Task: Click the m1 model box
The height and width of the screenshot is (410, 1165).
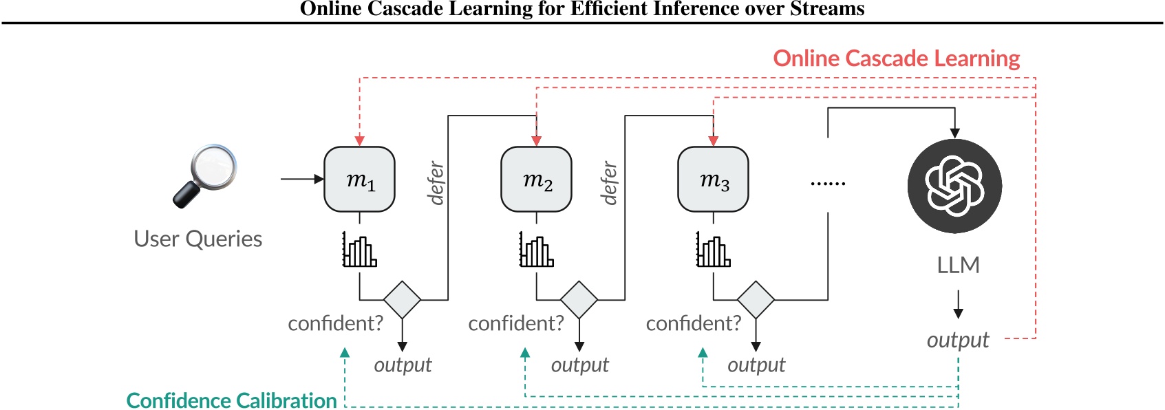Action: click(x=359, y=180)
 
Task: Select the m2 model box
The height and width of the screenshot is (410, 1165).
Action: click(x=536, y=180)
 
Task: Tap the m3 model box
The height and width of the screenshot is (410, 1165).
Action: click(x=713, y=180)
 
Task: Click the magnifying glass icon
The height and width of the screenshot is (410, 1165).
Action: click(x=205, y=175)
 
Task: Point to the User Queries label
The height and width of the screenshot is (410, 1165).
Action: click(x=197, y=239)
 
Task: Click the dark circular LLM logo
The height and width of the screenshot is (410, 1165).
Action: click(x=954, y=186)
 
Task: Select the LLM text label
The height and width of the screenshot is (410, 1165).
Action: click(x=958, y=265)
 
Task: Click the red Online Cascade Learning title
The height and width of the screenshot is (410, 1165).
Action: click(x=896, y=58)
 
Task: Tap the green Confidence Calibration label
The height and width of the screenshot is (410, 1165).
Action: click(x=231, y=400)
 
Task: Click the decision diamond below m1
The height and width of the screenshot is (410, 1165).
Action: click(x=402, y=300)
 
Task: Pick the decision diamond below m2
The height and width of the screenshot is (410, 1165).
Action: click(x=579, y=300)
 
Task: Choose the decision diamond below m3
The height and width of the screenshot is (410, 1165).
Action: click(x=756, y=300)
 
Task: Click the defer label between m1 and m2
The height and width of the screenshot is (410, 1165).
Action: click(x=436, y=183)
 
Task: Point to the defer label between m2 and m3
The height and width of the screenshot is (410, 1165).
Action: click(x=609, y=183)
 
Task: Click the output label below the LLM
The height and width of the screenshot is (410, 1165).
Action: click(x=957, y=340)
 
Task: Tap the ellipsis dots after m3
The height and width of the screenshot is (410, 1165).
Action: click(x=828, y=184)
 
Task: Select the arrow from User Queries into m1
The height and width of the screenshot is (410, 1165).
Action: click(x=302, y=179)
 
